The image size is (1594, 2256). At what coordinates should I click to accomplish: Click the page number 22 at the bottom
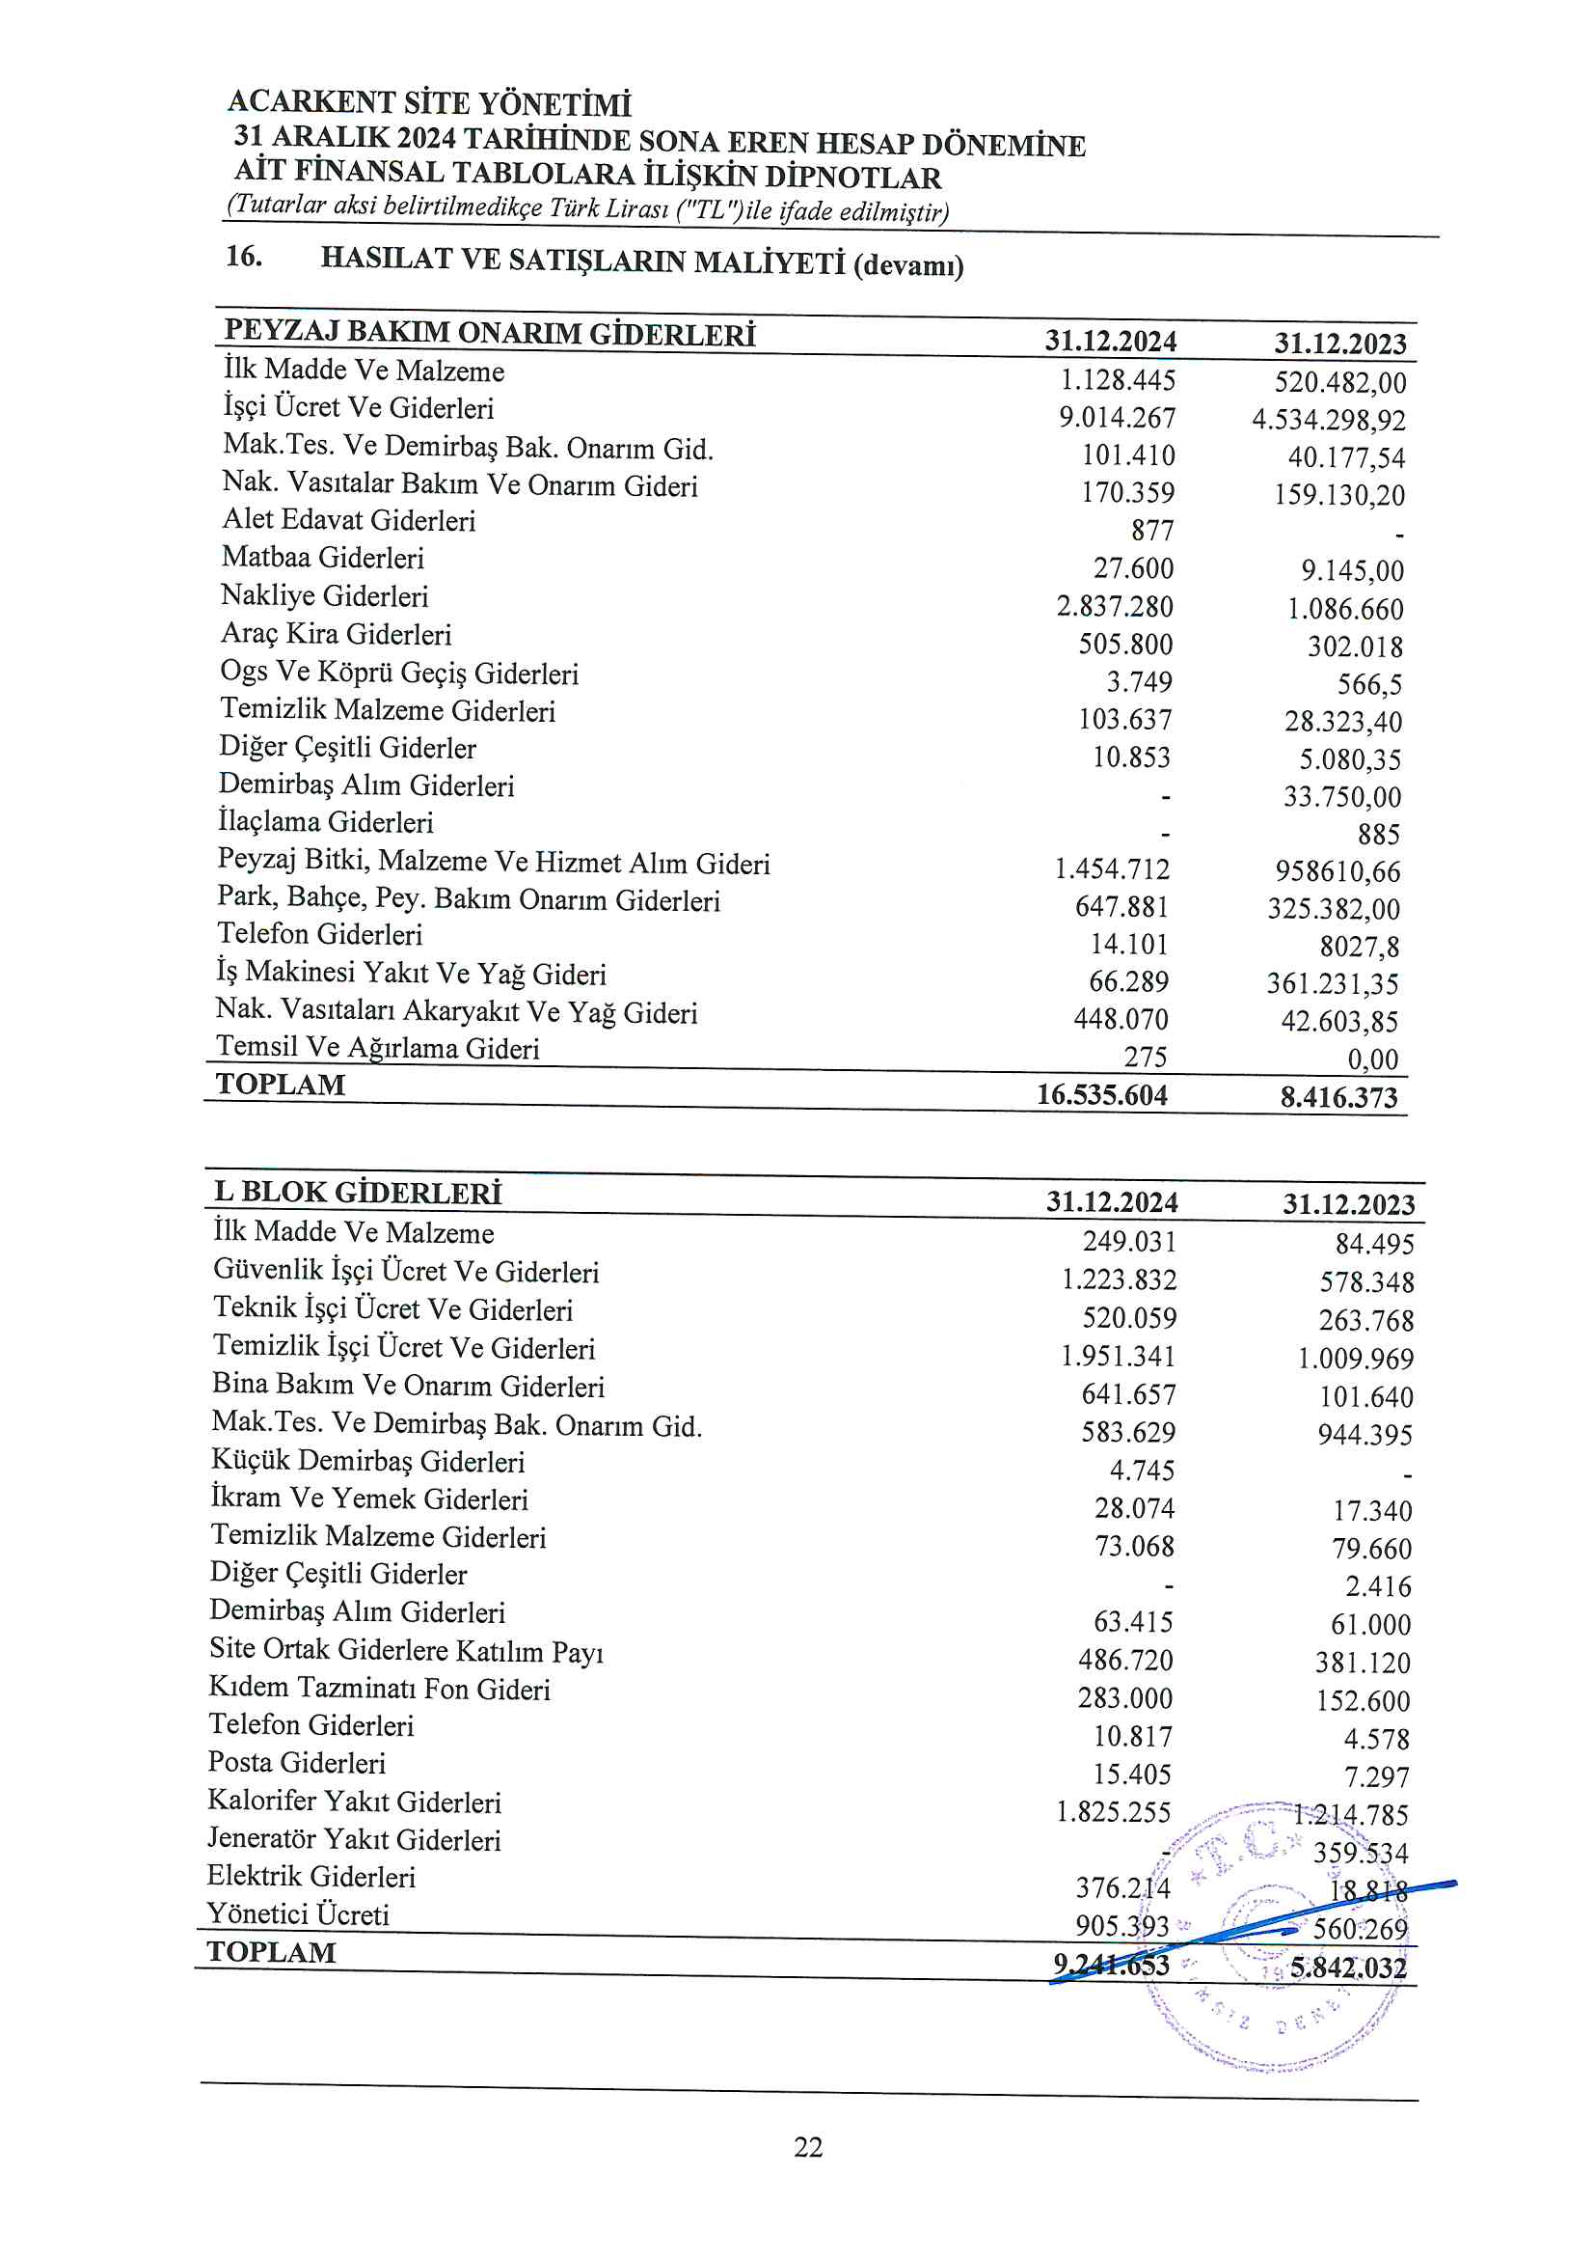click(x=807, y=2147)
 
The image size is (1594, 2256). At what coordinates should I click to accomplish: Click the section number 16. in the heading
click(x=244, y=258)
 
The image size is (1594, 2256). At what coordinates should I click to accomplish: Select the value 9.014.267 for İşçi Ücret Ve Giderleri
click(x=1117, y=418)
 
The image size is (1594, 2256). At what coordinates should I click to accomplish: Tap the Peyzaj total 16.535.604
click(x=1102, y=1094)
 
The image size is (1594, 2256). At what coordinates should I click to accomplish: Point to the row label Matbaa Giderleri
click(x=323, y=558)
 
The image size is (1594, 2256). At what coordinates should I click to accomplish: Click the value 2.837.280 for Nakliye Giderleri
click(x=1115, y=606)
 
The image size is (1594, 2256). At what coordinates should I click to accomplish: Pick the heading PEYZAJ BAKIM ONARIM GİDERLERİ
click(x=489, y=333)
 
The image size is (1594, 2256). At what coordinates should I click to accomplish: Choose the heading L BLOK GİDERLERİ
click(x=358, y=1193)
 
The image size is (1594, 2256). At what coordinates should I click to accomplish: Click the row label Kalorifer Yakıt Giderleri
click(x=355, y=1802)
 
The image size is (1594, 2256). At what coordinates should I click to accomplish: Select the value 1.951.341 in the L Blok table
click(x=1118, y=1356)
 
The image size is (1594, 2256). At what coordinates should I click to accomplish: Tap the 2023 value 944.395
click(x=1365, y=1435)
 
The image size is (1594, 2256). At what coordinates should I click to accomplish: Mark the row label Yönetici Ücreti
click(x=299, y=1914)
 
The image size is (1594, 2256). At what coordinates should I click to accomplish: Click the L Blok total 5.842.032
click(x=1348, y=1967)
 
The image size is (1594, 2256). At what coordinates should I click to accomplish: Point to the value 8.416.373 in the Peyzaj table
click(x=1338, y=1096)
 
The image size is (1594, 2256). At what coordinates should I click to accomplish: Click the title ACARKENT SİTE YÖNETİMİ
click(x=429, y=102)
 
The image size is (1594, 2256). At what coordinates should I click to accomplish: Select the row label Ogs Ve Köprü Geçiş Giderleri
click(x=400, y=674)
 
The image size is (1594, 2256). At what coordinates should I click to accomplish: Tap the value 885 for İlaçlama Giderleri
click(x=1379, y=835)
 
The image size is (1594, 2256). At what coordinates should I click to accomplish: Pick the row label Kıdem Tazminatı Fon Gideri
click(x=379, y=1688)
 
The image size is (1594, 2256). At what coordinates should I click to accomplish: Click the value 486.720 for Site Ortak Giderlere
click(x=1125, y=1661)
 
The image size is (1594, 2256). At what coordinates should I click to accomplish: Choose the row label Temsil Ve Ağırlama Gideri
click(x=378, y=1048)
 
